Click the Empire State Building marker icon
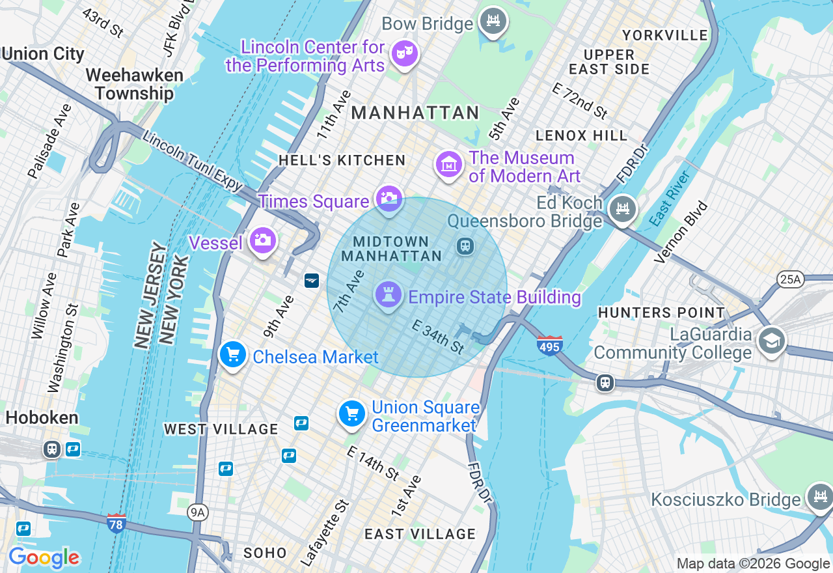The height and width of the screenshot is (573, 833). point(389,295)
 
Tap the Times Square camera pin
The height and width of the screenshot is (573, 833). point(390,198)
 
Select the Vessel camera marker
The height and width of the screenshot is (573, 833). point(263,240)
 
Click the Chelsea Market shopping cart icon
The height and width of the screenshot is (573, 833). point(232,355)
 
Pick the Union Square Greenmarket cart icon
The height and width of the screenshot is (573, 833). point(351,413)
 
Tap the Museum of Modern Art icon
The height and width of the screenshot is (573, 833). point(449,165)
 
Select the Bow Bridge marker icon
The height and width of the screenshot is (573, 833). point(493,21)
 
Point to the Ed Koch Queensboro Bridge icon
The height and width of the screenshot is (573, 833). point(623,209)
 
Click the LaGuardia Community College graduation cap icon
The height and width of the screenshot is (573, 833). point(772,340)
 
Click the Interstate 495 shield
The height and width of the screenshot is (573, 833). point(550,345)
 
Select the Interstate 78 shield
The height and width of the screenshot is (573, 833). point(116,522)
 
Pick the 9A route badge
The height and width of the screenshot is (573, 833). point(198,513)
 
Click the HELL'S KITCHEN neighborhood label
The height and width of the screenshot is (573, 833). point(342,160)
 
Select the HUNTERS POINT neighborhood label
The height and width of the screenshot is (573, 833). point(661,313)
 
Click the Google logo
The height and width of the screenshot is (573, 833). point(44,558)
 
